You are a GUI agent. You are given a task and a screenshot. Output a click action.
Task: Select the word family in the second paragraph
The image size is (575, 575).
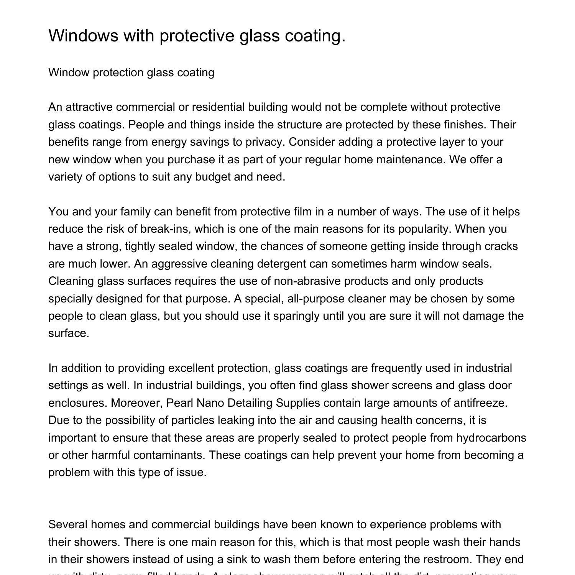[135, 212]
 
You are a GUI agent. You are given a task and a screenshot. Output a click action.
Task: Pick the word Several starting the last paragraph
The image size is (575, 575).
[68, 524]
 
